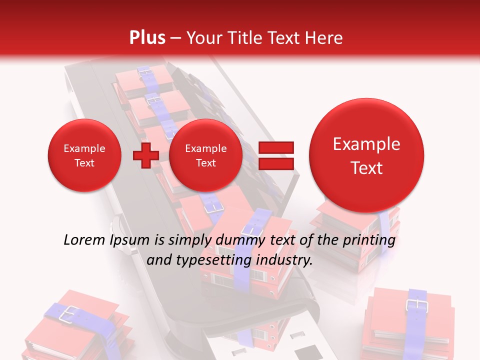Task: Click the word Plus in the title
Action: point(147,37)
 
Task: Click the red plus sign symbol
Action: point(145,155)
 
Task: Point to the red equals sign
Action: point(276,155)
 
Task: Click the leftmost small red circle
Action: point(84,155)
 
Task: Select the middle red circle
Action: point(205,155)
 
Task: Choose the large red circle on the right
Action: point(366,155)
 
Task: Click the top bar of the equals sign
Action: point(276,148)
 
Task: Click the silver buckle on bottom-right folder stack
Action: point(414,304)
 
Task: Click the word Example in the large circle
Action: point(366,144)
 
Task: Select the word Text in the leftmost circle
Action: point(84,163)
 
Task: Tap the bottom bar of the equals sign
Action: point(276,163)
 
